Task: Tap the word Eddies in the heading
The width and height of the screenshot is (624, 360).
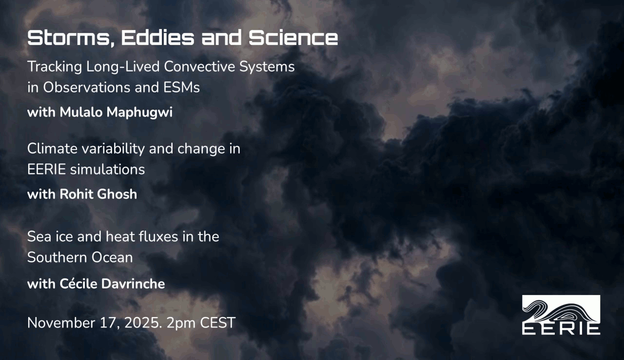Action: [x=157, y=38]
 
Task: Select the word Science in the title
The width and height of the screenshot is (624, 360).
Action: [x=293, y=38]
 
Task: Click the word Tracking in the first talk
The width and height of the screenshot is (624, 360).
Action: [x=55, y=67]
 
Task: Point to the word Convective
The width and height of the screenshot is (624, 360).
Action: [x=199, y=67]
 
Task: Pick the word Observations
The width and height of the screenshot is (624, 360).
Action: [x=87, y=87]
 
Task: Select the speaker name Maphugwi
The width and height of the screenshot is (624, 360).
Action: [x=139, y=113]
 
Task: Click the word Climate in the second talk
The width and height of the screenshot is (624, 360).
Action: [x=53, y=148]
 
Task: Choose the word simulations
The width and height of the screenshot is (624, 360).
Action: [x=107, y=169]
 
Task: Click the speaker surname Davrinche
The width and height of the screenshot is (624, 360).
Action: [x=133, y=284]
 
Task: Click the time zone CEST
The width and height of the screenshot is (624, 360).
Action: [x=218, y=323]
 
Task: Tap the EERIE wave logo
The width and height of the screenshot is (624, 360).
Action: [x=561, y=315]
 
